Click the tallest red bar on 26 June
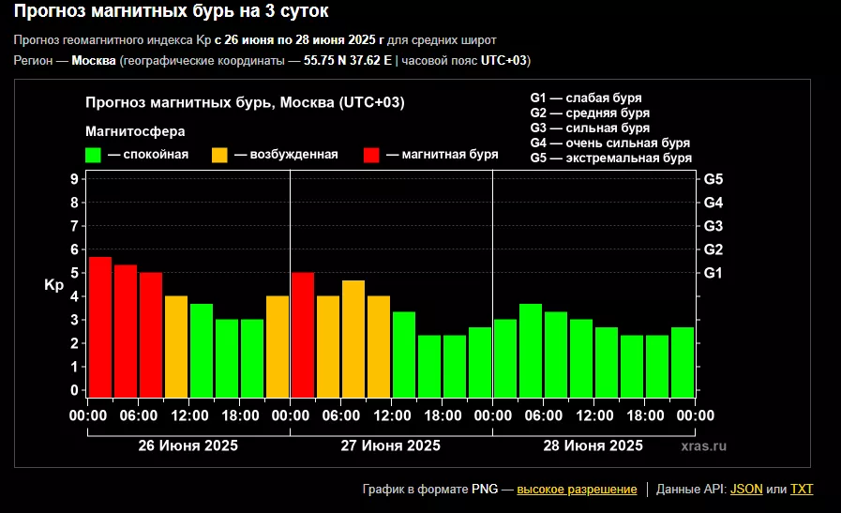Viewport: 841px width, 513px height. [100, 325]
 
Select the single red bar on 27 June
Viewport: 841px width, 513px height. [303, 333]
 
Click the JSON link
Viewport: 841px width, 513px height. [746, 489]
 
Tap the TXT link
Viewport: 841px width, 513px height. [802, 489]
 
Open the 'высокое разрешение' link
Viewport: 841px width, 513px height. [577, 489]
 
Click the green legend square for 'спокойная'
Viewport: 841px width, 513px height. [93, 155]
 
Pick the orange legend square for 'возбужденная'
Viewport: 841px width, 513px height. [220, 155]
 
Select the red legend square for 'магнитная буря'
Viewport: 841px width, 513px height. [372, 155]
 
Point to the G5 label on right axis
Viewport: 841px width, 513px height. [713, 178]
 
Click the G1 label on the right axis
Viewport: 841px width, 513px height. [713, 273]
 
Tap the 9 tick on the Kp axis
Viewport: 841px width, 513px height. [73, 178]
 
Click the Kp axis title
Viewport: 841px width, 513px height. [53, 284]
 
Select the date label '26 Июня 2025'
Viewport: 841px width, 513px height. [188, 445]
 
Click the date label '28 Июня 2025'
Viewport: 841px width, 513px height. [593, 445]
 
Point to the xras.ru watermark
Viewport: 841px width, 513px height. [704, 446]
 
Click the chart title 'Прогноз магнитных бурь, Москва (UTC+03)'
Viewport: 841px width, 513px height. [245, 102]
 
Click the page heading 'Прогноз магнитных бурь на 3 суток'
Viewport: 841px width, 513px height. [172, 12]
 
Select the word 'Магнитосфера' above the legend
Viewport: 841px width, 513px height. [135, 130]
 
